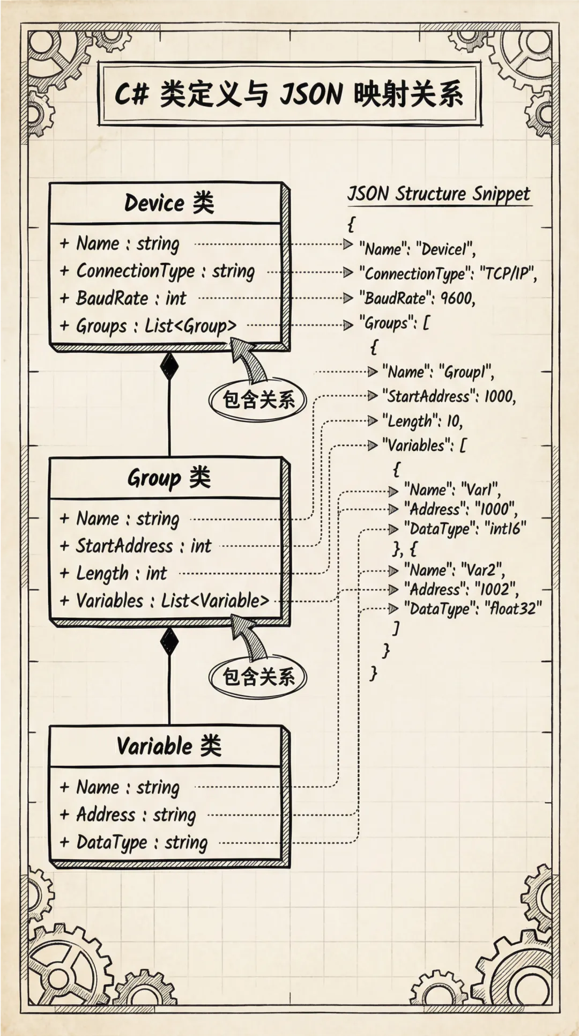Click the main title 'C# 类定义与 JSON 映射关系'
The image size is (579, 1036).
point(289,95)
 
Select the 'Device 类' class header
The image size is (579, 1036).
point(169,203)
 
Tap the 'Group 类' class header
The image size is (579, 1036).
point(169,478)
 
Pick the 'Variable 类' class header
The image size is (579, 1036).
point(169,746)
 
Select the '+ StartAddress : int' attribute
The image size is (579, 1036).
point(144,546)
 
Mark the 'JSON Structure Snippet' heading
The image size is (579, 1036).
point(439,194)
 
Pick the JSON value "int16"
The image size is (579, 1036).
point(506,529)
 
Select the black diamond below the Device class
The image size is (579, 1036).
point(169,366)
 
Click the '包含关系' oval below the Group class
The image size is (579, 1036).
point(258,677)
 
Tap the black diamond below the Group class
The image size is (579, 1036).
point(169,641)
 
